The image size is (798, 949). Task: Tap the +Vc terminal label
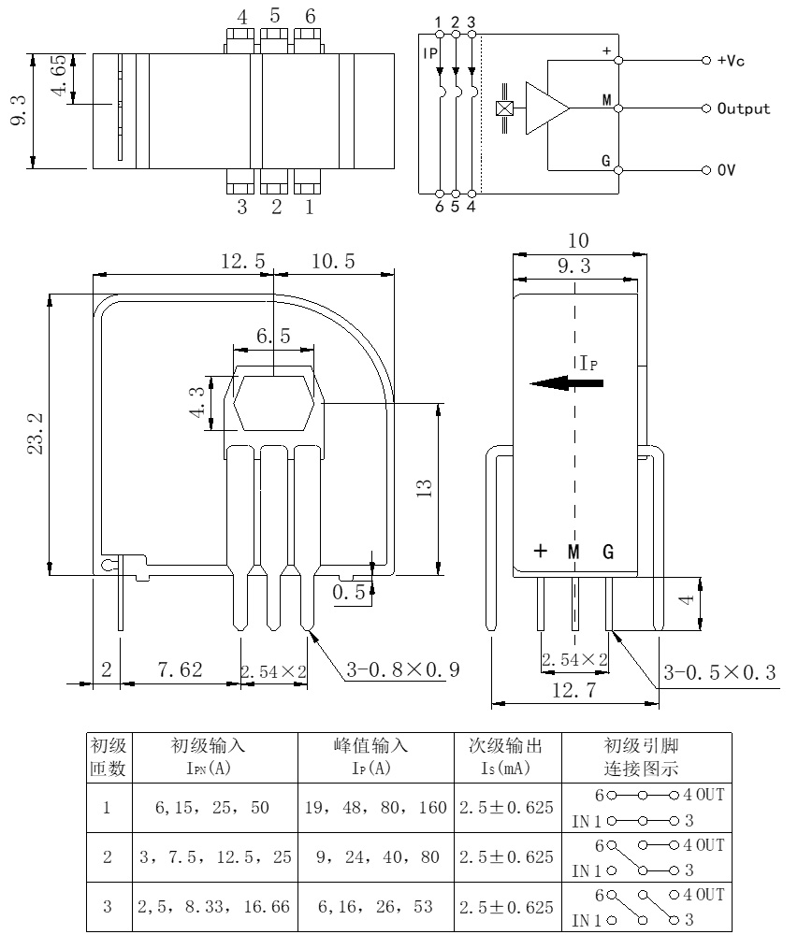click(732, 61)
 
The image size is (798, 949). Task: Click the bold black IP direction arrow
click(565, 382)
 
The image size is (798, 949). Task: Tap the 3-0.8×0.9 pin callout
click(403, 670)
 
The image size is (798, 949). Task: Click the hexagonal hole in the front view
click(273, 403)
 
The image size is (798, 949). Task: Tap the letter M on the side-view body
click(574, 552)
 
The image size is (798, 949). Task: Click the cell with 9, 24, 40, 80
click(374, 856)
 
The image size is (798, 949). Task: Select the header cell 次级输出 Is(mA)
click(506, 758)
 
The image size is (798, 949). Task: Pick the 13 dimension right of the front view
click(423, 487)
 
